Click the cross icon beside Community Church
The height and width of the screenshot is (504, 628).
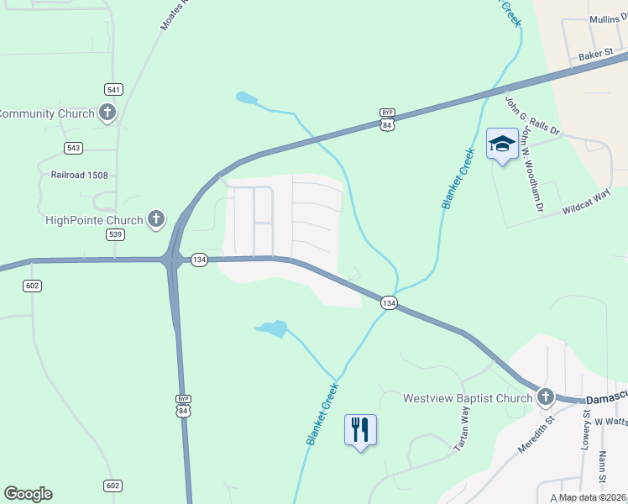[107, 113]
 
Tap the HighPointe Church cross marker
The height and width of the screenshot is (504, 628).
[155, 220]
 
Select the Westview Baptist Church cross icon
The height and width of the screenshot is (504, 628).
[546, 397]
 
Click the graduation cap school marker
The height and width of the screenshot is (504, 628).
[502, 144]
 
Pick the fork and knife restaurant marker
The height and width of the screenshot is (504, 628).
[360, 429]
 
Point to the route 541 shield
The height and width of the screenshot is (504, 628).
[114, 89]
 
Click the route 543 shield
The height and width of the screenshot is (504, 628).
[74, 148]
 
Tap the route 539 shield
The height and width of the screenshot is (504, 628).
[115, 234]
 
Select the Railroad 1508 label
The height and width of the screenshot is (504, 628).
[80, 175]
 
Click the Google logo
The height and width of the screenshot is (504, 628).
[28, 494]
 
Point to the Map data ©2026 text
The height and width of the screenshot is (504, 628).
[593, 497]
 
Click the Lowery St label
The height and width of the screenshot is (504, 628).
[586, 430]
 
